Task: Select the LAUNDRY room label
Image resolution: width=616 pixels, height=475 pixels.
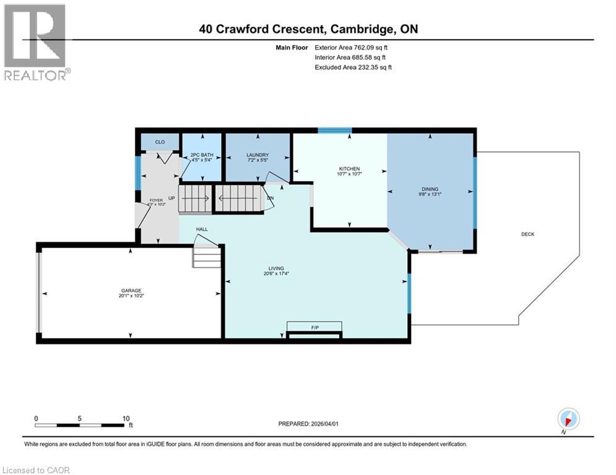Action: (257, 155)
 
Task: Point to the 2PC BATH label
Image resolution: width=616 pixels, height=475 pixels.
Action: (201, 155)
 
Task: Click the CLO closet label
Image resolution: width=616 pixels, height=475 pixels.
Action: (160, 142)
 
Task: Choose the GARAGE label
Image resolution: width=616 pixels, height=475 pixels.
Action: (131, 290)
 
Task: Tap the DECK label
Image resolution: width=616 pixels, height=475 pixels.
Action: (527, 234)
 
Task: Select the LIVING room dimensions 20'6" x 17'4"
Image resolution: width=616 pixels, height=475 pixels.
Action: (277, 274)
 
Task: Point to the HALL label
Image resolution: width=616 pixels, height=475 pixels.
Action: (202, 229)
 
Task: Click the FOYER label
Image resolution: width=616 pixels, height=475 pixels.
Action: (155, 200)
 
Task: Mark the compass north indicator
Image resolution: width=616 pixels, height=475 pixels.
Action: (568, 419)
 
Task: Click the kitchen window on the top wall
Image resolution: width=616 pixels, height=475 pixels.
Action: (335, 131)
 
